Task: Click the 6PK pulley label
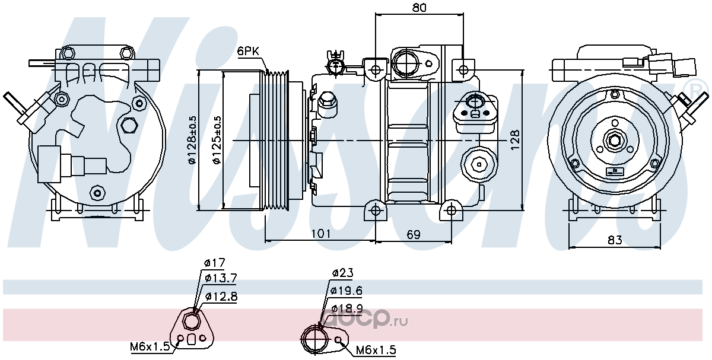[248, 51]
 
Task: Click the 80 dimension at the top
[419, 7]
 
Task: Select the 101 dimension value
[321, 234]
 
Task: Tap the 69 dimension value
[414, 234]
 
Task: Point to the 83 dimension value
[615, 240]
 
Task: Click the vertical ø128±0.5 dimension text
[193, 140]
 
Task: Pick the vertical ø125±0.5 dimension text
[217, 140]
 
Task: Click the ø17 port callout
[215, 263]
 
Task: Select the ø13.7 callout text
[221, 278]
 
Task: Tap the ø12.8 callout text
[221, 297]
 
